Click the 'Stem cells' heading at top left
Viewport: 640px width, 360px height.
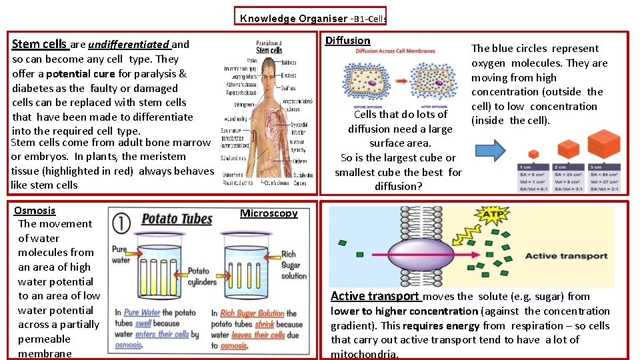click(x=40, y=45)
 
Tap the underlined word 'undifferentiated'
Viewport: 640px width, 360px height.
click(x=129, y=45)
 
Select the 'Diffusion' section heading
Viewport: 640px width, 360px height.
click(x=347, y=41)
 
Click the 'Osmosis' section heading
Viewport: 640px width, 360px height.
click(x=35, y=211)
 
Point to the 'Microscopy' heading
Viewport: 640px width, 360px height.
click(x=269, y=213)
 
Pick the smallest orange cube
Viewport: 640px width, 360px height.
click(x=533, y=155)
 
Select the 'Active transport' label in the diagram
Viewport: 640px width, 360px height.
click(x=566, y=256)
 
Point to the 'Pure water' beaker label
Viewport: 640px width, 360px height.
click(x=120, y=255)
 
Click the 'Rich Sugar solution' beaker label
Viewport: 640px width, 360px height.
click(x=293, y=265)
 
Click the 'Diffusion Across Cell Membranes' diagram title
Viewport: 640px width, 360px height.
click(x=395, y=51)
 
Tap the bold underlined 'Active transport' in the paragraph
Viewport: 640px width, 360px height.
click(x=375, y=297)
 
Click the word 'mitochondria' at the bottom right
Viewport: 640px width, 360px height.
click(x=363, y=355)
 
